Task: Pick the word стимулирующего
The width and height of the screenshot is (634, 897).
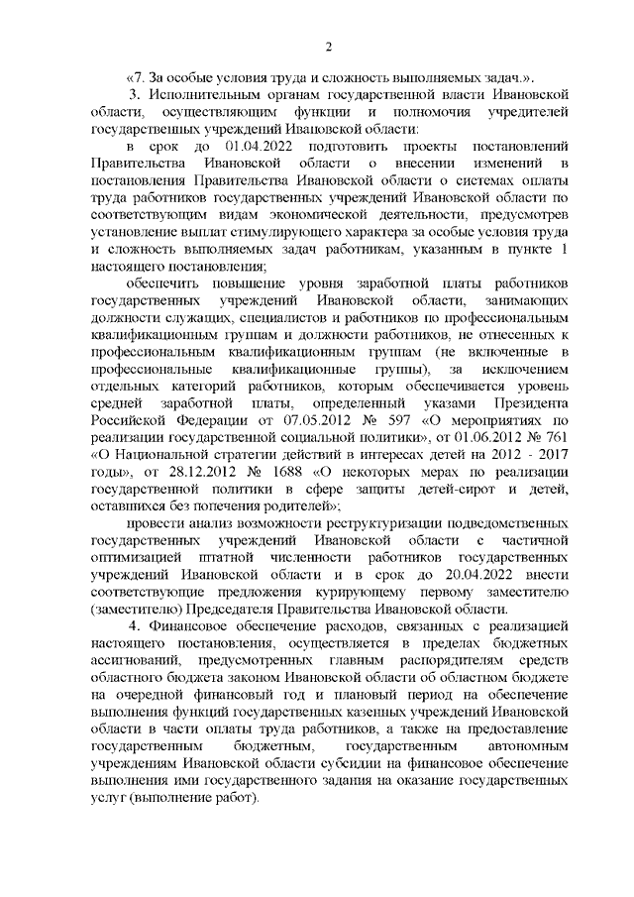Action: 253,230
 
